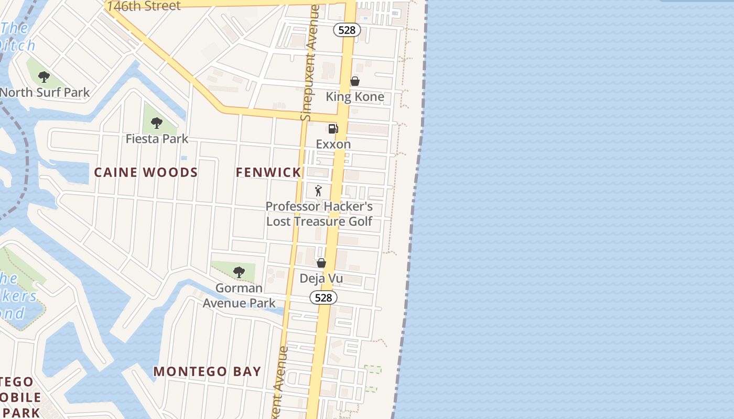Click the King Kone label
[355, 97]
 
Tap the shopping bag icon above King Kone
[355, 81]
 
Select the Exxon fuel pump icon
[333, 128]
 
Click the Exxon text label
[333, 144]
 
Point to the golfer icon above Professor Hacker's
[318, 191]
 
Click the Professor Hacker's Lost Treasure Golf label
[319, 214]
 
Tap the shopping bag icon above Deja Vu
[321, 262]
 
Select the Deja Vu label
[321, 278]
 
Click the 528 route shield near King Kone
[347, 30]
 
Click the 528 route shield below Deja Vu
[323, 297]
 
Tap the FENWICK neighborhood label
[268, 172]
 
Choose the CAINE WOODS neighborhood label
[146, 172]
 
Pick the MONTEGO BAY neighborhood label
[207, 371]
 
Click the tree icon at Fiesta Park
[156, 123]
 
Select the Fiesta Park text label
[157, 139]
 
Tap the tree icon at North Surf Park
[44, 77]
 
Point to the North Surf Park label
[45, 93]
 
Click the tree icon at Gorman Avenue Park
[239, 272]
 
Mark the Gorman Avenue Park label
[239, 295]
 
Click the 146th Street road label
[144, 6]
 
